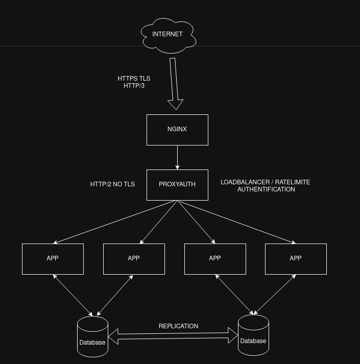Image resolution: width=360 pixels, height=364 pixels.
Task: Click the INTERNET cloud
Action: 167,35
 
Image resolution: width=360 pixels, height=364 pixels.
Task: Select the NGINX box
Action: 177,130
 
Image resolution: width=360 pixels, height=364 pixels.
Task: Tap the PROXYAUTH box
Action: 177,185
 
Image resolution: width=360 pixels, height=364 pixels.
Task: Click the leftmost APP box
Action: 53,259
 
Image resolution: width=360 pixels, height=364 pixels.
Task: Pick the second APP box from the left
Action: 134,259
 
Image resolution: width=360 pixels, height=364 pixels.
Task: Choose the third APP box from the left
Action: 215,259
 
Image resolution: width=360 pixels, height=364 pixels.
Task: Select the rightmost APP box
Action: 296,259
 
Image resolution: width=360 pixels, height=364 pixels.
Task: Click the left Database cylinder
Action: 92,337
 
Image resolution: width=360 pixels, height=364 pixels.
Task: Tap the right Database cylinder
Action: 253,335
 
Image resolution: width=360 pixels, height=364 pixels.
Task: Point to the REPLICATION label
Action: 178,326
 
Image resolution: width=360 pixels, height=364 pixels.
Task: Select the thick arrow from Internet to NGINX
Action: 174,82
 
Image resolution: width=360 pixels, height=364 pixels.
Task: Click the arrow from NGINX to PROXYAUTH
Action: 177,157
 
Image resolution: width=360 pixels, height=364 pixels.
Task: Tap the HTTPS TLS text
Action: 134,79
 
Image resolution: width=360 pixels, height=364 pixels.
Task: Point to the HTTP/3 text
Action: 134,86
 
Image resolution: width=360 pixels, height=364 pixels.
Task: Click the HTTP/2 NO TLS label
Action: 112,184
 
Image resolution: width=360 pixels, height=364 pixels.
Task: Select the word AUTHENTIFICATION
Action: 266,189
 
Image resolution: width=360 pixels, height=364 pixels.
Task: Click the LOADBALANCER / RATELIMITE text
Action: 265,182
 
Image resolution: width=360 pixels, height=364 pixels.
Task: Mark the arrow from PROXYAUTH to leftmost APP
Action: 115,222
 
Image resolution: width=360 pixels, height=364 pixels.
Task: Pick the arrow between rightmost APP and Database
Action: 275,294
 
